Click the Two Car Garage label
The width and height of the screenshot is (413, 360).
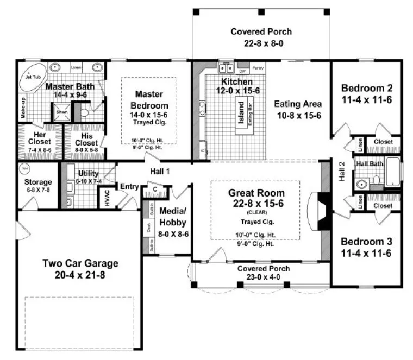pos(80,263)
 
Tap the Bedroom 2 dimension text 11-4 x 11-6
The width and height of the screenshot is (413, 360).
pos(366,99)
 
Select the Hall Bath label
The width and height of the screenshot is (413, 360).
pos(368,163)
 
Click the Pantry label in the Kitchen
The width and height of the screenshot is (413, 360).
pos(258,68)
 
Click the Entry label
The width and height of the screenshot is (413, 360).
pos(129,186)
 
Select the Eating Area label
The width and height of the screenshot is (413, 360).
pos(297,104)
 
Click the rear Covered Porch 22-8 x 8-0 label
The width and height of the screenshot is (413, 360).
pos(261,32)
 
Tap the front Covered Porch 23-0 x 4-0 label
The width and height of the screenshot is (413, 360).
pos(263,269)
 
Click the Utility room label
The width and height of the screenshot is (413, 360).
pos(88,173)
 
